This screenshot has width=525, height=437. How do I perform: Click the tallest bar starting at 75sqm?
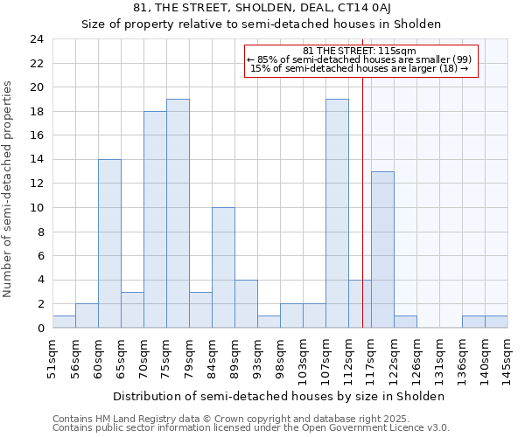pos(178,213)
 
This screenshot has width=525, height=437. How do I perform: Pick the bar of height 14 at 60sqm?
pos(109,244)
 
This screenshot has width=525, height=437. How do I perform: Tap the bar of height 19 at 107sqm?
pos(337,213)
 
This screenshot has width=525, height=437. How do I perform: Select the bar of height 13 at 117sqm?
pos(382,250)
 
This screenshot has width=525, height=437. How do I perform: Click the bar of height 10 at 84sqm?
pos(223,267)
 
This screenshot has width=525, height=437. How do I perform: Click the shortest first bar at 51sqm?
pos(64,322)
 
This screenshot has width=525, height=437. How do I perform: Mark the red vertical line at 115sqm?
pos(362,201)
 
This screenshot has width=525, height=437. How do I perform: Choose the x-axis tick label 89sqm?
pos(235,356)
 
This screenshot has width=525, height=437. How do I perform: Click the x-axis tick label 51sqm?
pos(53,356)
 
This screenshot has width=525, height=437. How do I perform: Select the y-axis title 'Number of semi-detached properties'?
pos(9,189)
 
